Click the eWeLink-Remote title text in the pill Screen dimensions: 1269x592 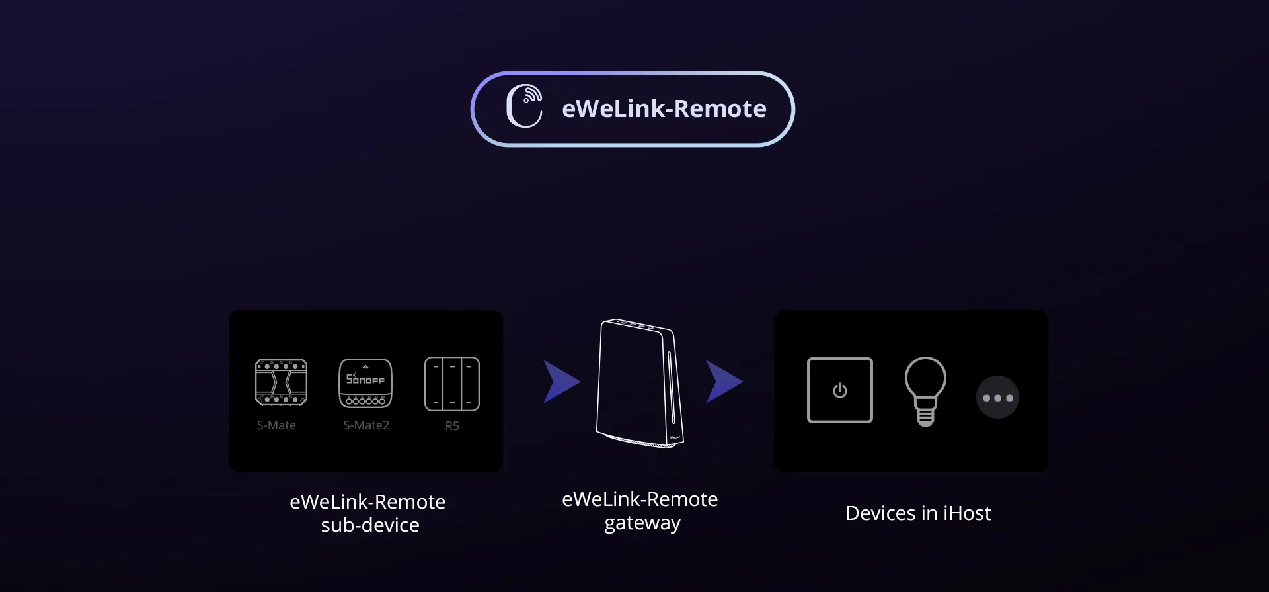(664, 108)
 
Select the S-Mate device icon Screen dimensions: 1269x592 (281, 382)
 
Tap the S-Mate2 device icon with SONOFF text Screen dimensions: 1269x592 (365, 383)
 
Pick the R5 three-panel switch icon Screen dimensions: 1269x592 (452, 384)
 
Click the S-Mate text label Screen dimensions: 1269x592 (276, 425)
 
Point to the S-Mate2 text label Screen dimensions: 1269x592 (366, 425)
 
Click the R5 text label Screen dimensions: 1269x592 (452, 426)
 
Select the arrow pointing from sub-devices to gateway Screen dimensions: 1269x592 (560, 382)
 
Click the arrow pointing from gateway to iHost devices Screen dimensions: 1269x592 (724, 382)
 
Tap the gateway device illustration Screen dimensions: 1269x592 (639, 384)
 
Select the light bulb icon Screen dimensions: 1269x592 (925, 391)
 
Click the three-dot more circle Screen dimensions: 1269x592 (998, 398)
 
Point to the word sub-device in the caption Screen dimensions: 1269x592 (370, 525)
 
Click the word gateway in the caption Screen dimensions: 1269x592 (642, 523)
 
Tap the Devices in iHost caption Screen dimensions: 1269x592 (919, 513)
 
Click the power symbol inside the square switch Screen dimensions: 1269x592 (840, 390)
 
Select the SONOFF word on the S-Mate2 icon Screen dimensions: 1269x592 (365, 379)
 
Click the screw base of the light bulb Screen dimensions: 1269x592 (925, 416)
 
